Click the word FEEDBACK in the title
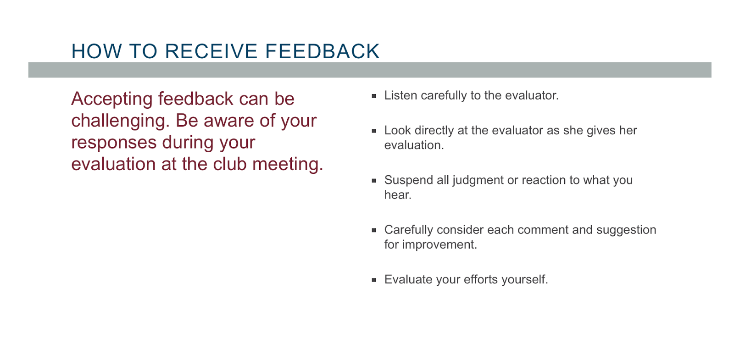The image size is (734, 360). [x=322, y=51]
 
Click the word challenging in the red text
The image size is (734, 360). [x=120, y=121]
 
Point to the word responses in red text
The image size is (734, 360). [x=114, y=143]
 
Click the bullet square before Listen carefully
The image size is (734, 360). [x=374, y=96]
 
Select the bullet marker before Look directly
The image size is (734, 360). [x=374, y=131]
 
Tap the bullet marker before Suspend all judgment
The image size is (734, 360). [x=374, y=181]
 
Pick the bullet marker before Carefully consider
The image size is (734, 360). [x=374, y=230]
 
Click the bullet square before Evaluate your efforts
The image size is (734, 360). [x=374, y=280]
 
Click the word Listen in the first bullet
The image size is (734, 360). [x=400, y=95]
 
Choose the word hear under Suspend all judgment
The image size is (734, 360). [x=397, y=195]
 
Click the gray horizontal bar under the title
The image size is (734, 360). [x=369, y=70]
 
